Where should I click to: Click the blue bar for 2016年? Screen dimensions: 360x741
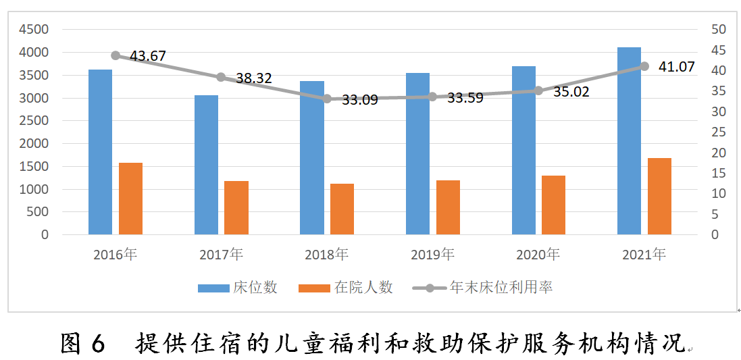[100, 152]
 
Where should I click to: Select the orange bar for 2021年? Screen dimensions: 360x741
[659, 197]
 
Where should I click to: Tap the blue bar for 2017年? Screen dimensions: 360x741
[206, 165]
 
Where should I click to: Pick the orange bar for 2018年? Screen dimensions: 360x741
[342, 209]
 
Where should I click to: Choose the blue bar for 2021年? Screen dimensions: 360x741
[629, 141]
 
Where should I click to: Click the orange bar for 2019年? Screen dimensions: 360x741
[448, 207]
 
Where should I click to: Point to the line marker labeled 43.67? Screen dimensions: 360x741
[116, 55]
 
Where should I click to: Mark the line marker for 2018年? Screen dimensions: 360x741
[327, 99]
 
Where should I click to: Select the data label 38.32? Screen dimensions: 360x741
[253, 78]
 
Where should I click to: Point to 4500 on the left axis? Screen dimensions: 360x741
[34, 30]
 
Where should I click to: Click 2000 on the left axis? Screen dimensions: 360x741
[34, 144]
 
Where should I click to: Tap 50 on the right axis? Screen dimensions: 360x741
[718, 30]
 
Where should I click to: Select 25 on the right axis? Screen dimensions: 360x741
[718, 132]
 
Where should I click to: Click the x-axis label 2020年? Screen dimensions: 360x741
[538, 255]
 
